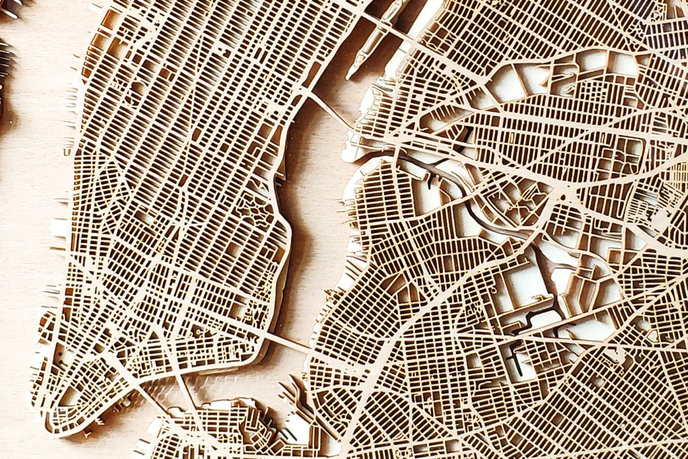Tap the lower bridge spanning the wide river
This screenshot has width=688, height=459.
tap(288, 341)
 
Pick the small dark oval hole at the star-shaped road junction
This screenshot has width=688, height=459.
tap(562, 196)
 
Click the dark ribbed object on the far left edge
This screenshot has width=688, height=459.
tap(5, 72)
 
